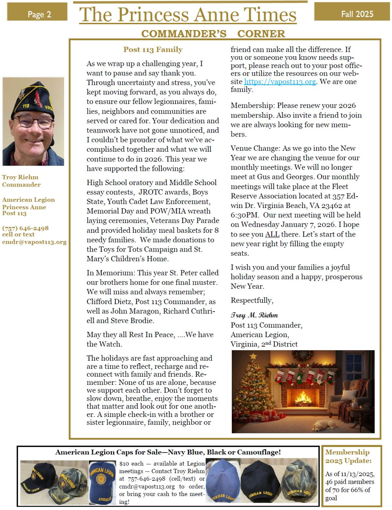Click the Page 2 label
pos(39,14)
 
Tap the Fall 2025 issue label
pos(357,14)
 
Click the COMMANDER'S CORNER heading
pos(213,34)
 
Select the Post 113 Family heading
pos(153,50)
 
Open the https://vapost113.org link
pos(280,82)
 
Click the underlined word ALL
pos(272,235)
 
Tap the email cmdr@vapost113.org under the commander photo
pos(34,242)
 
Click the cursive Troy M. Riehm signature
pos(254,315)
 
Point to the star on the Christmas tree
pos(253,356)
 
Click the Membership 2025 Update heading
pos(348,456)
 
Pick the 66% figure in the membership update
pos(357,490)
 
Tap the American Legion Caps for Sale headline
pos(168,452)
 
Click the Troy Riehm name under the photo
pos(20,177)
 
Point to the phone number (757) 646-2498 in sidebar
pos(25,228)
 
